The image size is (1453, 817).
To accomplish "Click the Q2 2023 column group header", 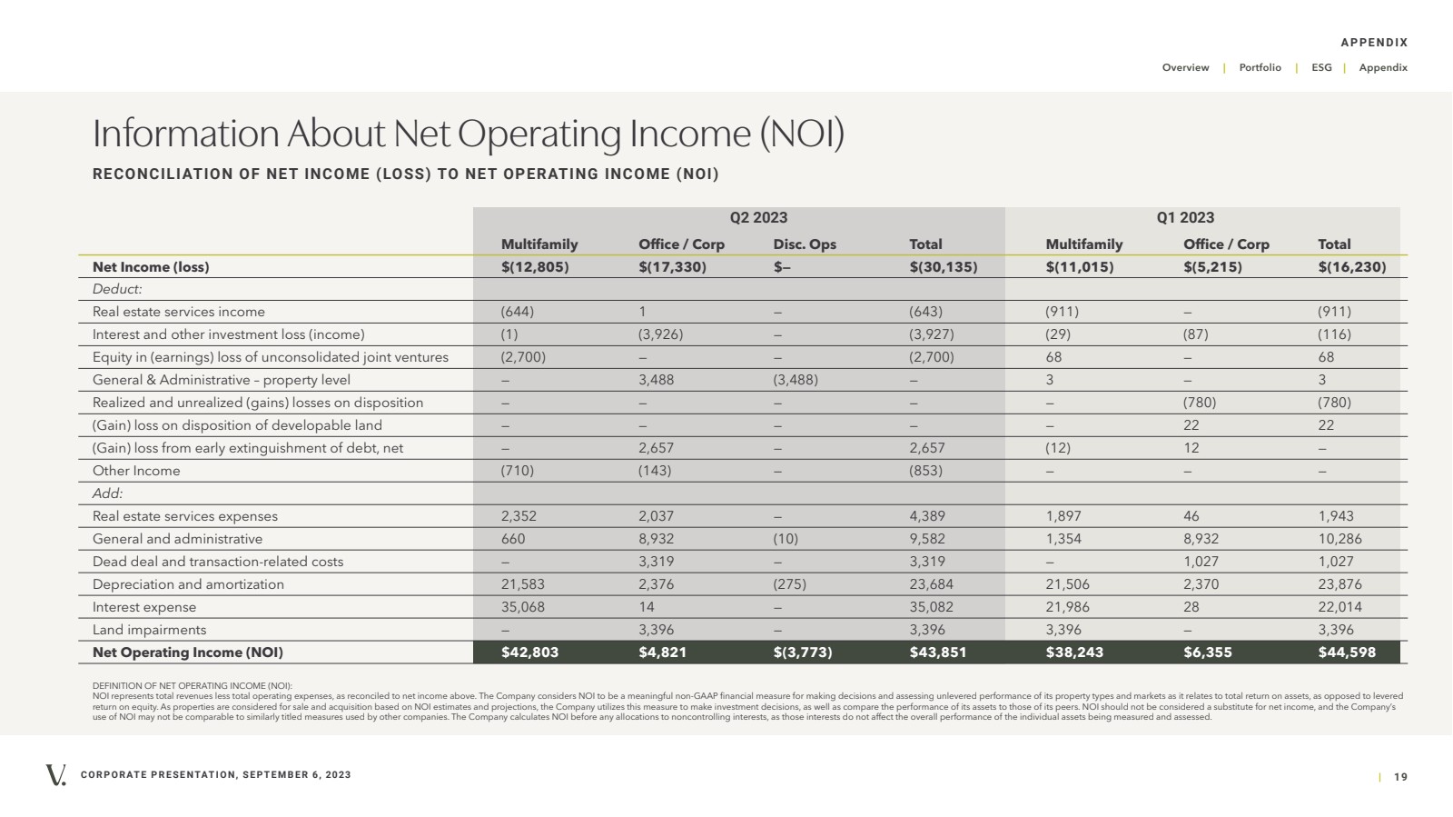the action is (x=758, y=217).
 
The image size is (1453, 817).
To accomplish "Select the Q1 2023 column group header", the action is (x=1185, y=217).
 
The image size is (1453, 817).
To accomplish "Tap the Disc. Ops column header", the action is (x=805, y=244).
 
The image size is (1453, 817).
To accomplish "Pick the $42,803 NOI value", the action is (x=529, y=653).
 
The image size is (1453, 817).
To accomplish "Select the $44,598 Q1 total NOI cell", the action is (x=1347, y=653).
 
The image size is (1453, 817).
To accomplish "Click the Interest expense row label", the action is (x=144, y=607).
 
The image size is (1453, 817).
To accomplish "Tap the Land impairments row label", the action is (x=149, y=630).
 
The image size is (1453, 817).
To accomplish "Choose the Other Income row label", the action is (x=136, y=471).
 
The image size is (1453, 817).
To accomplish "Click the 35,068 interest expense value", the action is (x=523, y=607).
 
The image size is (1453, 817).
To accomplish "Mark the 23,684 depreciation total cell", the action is (x=931, y=584).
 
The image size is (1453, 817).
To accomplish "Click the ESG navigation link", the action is (x=1321, y=67).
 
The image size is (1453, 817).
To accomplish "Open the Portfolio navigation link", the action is (x=1260, y=67).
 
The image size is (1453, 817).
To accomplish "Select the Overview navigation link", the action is (x=1185, y=67).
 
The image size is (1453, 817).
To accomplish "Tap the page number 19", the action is (x=1400, y=777).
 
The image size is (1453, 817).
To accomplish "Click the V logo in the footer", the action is (x=55, y=775).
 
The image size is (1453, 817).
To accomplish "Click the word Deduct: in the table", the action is (x=117, y=289).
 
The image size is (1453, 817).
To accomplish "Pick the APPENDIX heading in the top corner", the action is (x=1375, y=43).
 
